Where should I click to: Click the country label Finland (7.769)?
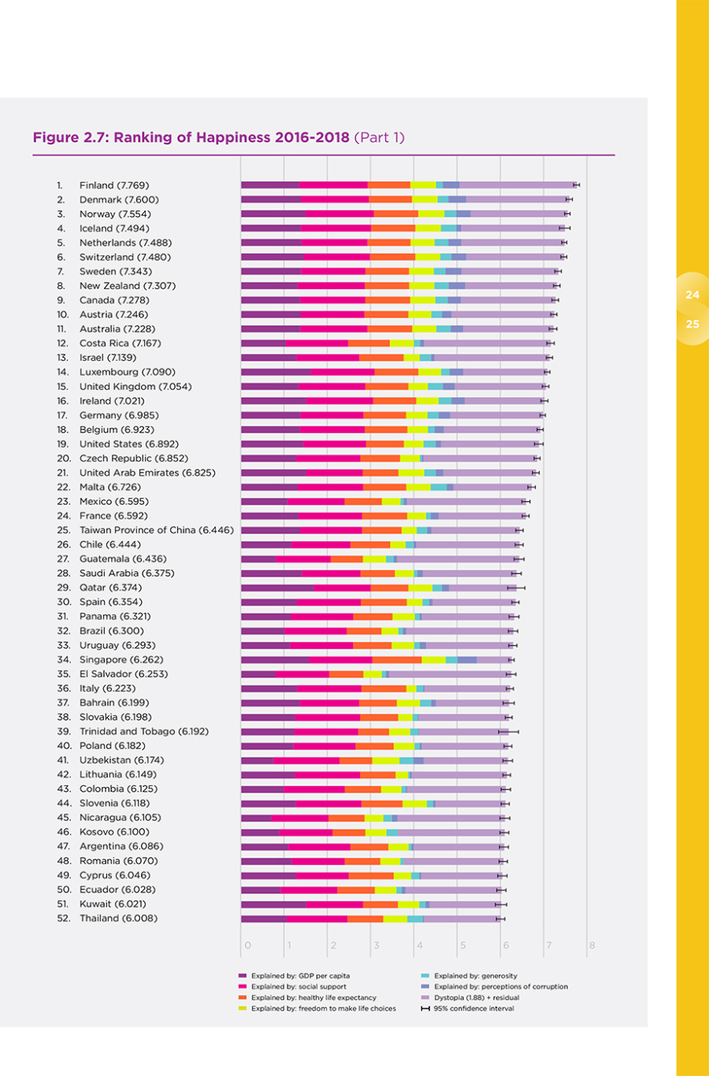tap(114, 185)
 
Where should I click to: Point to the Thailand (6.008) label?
tap(118, 918)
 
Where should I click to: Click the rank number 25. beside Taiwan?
tap(62, 530)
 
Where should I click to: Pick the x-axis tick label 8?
tap(592, 946)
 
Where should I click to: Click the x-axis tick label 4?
tap(418, 946)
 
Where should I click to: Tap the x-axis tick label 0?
tap(247, 946)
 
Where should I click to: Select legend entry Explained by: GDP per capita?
tap(294, 975)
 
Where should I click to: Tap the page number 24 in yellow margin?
tap(692, 295)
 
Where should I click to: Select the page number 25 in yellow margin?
tap(692, 325)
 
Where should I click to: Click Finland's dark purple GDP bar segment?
tap(270, 185)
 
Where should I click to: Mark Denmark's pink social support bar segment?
tap(334, 199)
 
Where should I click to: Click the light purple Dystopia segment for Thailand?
tap(461, 918)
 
